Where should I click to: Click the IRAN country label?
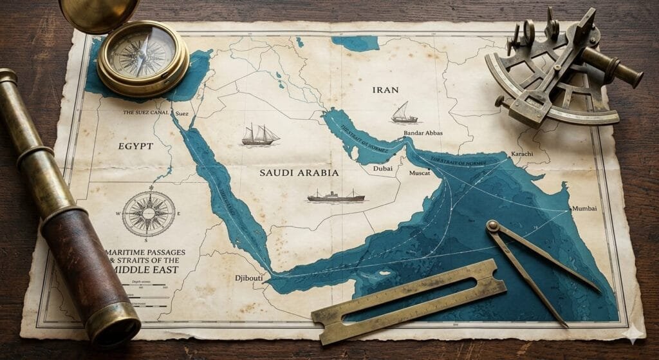(385, 90)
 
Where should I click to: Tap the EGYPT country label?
(135, 146)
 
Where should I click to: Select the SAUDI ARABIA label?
(299, 173)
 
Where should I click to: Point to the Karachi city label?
(521, 155)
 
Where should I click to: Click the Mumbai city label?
(584, 209)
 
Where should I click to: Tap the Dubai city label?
(382, 169)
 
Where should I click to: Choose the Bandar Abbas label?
(423, 133)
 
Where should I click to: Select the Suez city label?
(181, 113)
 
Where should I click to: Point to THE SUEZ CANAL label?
(146, 113)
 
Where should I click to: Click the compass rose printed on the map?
(149, 214)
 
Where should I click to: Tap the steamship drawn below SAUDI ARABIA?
(335, 196)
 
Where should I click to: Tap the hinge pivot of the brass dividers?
(494, 225)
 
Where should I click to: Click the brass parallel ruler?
(409, 300)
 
